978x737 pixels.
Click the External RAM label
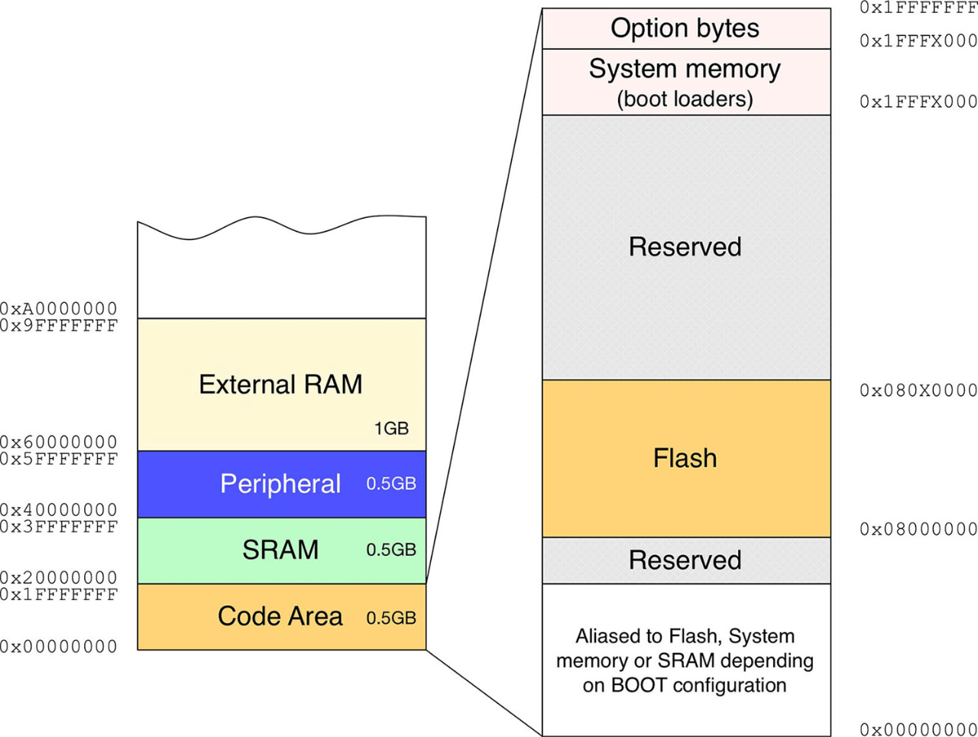280,384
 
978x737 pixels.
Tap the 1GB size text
391,429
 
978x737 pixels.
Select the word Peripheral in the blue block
280,484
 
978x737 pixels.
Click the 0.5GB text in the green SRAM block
391,550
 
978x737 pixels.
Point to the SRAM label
280,550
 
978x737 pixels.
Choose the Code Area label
280,616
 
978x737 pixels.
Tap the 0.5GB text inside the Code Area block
391,618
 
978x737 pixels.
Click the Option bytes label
685,28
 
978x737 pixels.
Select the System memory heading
685,69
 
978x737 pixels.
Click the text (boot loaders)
685,99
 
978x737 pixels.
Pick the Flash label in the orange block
685,458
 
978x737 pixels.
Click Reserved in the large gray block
685,247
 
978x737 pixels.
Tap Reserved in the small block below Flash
685,560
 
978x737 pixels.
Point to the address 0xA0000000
59,309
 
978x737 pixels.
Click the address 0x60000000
59,442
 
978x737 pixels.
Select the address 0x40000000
59,510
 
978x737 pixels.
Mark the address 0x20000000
59,577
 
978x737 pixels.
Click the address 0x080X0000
918,391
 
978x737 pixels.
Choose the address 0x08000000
918,529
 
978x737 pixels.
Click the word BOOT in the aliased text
632,685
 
